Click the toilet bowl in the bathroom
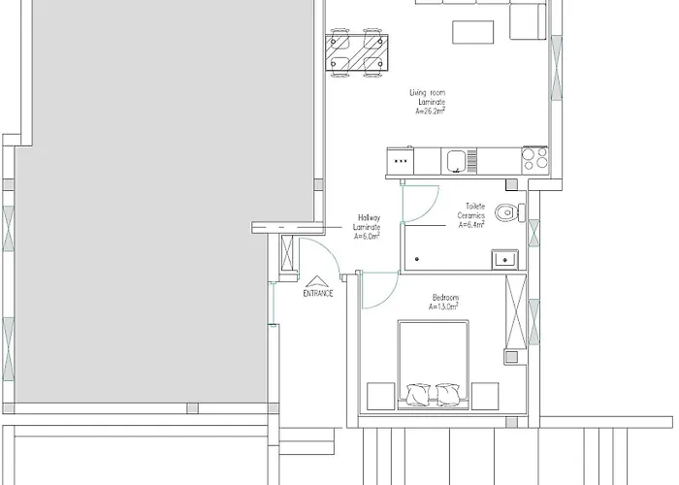click(505, 212)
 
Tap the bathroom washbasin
click(504, 259)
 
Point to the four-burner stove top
click(535, 158)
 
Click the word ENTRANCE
click(318, 293)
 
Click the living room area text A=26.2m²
click(430, 112)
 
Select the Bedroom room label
click(445, 298)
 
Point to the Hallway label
click(369, 217)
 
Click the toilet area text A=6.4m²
click(471, 225)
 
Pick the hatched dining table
click(356, 52)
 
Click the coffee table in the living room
click(473, 32)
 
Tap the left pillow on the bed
click(418, 395)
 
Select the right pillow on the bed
click(448, 395)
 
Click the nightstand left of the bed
click(380, 396)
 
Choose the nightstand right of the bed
click(485, 396)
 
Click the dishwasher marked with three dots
click(400, 161)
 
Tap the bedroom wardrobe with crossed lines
click(516, 311)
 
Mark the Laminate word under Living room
click(432, 102)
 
